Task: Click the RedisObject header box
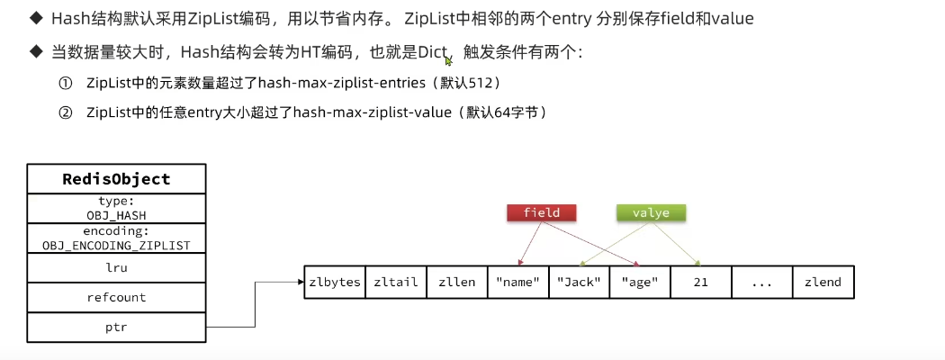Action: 117,179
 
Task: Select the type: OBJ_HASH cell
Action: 117,208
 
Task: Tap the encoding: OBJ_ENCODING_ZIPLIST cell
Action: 117,238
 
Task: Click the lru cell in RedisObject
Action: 117,267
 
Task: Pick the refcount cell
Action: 117,297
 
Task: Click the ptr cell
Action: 117,327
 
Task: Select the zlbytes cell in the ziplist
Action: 335,282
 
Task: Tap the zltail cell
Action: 396,282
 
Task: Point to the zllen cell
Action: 456,282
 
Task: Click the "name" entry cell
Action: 517,282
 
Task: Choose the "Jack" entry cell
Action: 579,282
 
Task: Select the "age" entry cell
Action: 640,282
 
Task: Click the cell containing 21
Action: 700,282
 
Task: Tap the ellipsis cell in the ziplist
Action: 761,282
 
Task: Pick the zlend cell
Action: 823,282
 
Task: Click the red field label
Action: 541,213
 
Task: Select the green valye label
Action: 651,213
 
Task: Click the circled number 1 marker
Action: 65,84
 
